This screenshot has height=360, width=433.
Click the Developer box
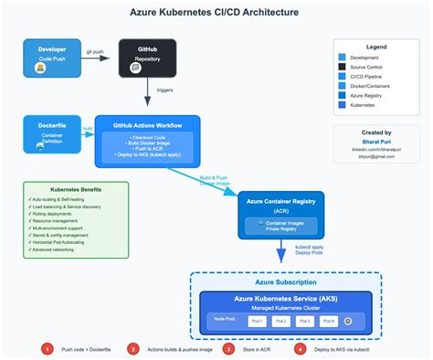(x=52, y=58)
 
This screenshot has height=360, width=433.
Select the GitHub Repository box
(x=147, y=58)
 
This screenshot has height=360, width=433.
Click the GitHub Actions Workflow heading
(x=148, y=124)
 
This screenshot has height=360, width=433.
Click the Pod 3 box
(x=304, y=321)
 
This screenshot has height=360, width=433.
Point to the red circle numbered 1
(x=46, y=348)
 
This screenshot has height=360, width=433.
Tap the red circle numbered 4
(x=300, y=348)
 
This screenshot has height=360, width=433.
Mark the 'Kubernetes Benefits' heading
(x=78, y=189)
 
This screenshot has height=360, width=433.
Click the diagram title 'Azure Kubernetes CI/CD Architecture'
(x=216, y=13)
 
